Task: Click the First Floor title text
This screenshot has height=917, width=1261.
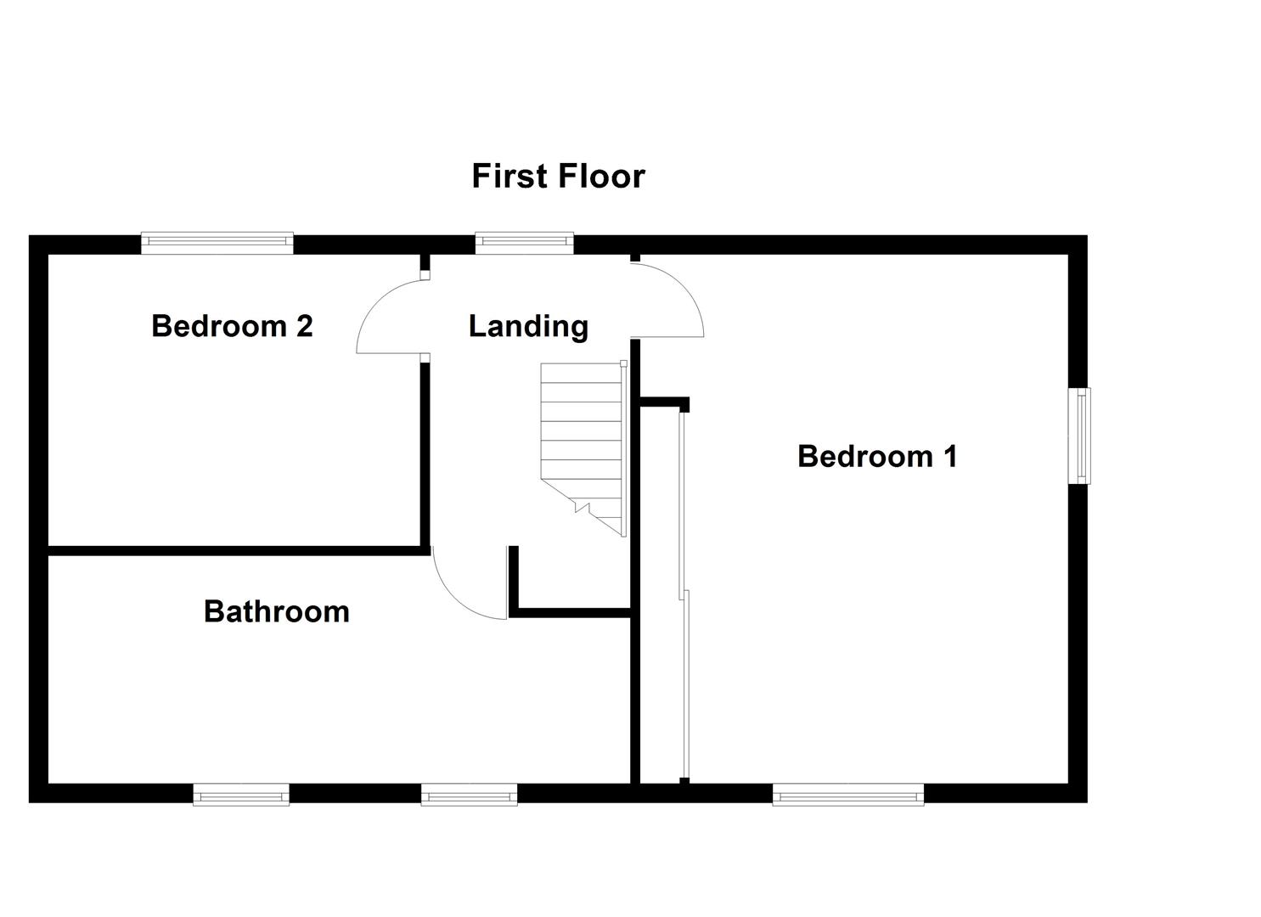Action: pos(558,177)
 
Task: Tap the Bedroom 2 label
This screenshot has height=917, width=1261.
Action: pos(232,326)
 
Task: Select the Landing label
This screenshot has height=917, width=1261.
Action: pos(528,326)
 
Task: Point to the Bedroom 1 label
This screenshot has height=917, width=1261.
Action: pos(877,457)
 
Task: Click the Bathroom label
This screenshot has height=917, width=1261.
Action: pos(276,611)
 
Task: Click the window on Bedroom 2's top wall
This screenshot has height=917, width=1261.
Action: pos(217,244)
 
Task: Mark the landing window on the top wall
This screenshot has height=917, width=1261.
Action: pos(524,244)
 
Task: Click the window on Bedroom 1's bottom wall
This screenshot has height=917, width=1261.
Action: pos(847,795)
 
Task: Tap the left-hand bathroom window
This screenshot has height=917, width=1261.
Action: pos(241,795)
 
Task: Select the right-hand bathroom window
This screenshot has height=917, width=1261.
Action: pos(469,795)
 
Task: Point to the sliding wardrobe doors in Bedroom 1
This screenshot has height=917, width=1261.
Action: pos(684,594)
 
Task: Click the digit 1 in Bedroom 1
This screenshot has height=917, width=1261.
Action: pos(949,457)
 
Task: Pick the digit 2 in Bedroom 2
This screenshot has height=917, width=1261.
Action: pos(304,326)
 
